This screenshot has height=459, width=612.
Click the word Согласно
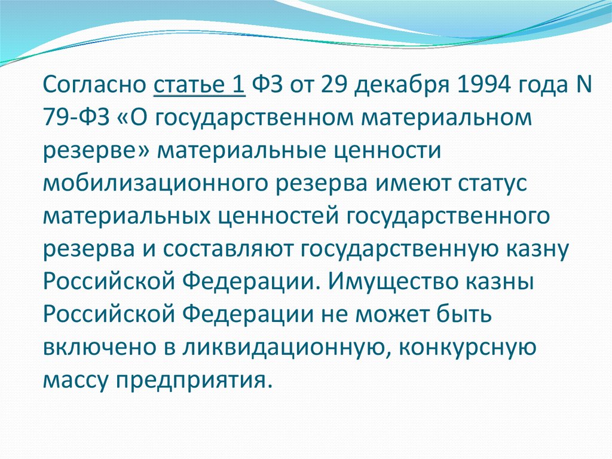[94, 84]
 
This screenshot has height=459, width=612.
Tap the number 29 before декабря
[333, 84]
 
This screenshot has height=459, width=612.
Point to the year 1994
[483, 84]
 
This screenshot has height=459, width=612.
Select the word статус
[493, 183]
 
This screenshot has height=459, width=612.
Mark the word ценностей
[277, 217]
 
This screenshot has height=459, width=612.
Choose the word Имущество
[394, 283]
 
